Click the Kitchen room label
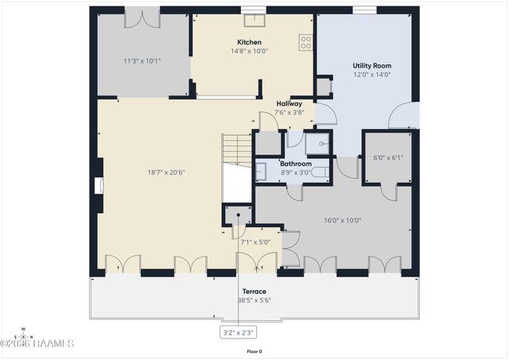[x=249, y=42]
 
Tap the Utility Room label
[x=371, y=66]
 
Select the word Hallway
[x=289, y=103]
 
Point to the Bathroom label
[x=295, y=164]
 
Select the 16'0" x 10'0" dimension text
[x=343, y=220]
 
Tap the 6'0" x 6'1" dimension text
[x=388, y=157]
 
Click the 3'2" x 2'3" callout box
[x=238, y=332]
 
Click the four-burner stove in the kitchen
[x=305, y=42]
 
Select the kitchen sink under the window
[x=254, y=21]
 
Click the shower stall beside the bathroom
[x=317, y=142]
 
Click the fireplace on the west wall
[x=99, y=186]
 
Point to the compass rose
[x=24, y=334]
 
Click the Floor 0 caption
[x=254, y=351]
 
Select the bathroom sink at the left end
[x=262, y=172]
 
